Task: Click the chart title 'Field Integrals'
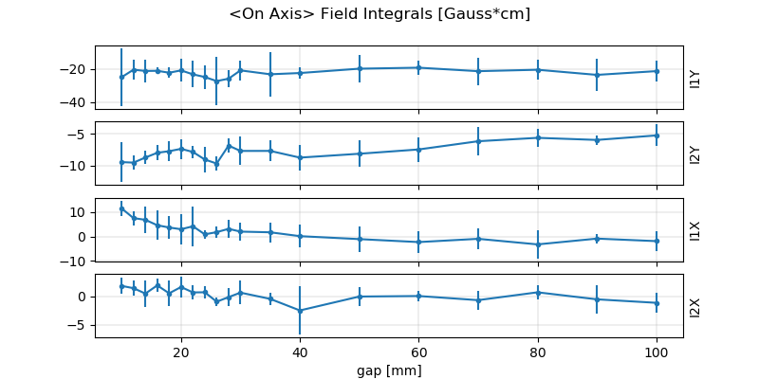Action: point(379,14)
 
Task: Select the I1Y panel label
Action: point(694,78)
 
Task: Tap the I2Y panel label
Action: point(694,153)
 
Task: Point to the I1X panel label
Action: point(694,230)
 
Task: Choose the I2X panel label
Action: point(694,306)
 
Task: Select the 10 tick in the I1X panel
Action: point(80,212)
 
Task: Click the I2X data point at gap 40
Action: point(300,311)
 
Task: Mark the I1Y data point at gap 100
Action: point(657,71)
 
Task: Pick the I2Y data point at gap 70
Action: point(478,141)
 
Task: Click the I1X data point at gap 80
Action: point(538,244)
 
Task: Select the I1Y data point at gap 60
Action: point(418,67)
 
